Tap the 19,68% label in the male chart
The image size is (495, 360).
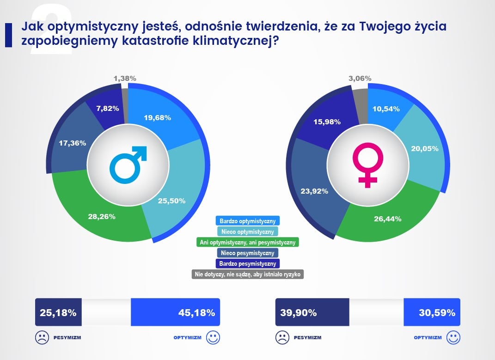coord(158,117)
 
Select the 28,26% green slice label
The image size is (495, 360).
coord(102,216)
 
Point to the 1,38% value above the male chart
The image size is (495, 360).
coord(125,79)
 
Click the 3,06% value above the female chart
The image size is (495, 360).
coord(360,78)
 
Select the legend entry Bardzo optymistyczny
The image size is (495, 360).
coord(247,221)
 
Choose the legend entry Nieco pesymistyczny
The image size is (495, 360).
coord(247,253)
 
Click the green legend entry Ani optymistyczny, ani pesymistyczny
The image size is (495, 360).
coord(247,242)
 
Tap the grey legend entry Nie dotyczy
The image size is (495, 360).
coord(247,274)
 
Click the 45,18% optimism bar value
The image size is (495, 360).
coord(196,312)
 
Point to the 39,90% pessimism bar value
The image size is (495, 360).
coord(298,312)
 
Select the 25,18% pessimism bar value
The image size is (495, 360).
coord(58,312)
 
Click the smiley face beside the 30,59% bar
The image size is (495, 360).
coord(453,337)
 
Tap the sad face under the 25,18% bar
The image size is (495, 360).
coord(42,337)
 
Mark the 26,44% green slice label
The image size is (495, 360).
coord(387,218)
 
